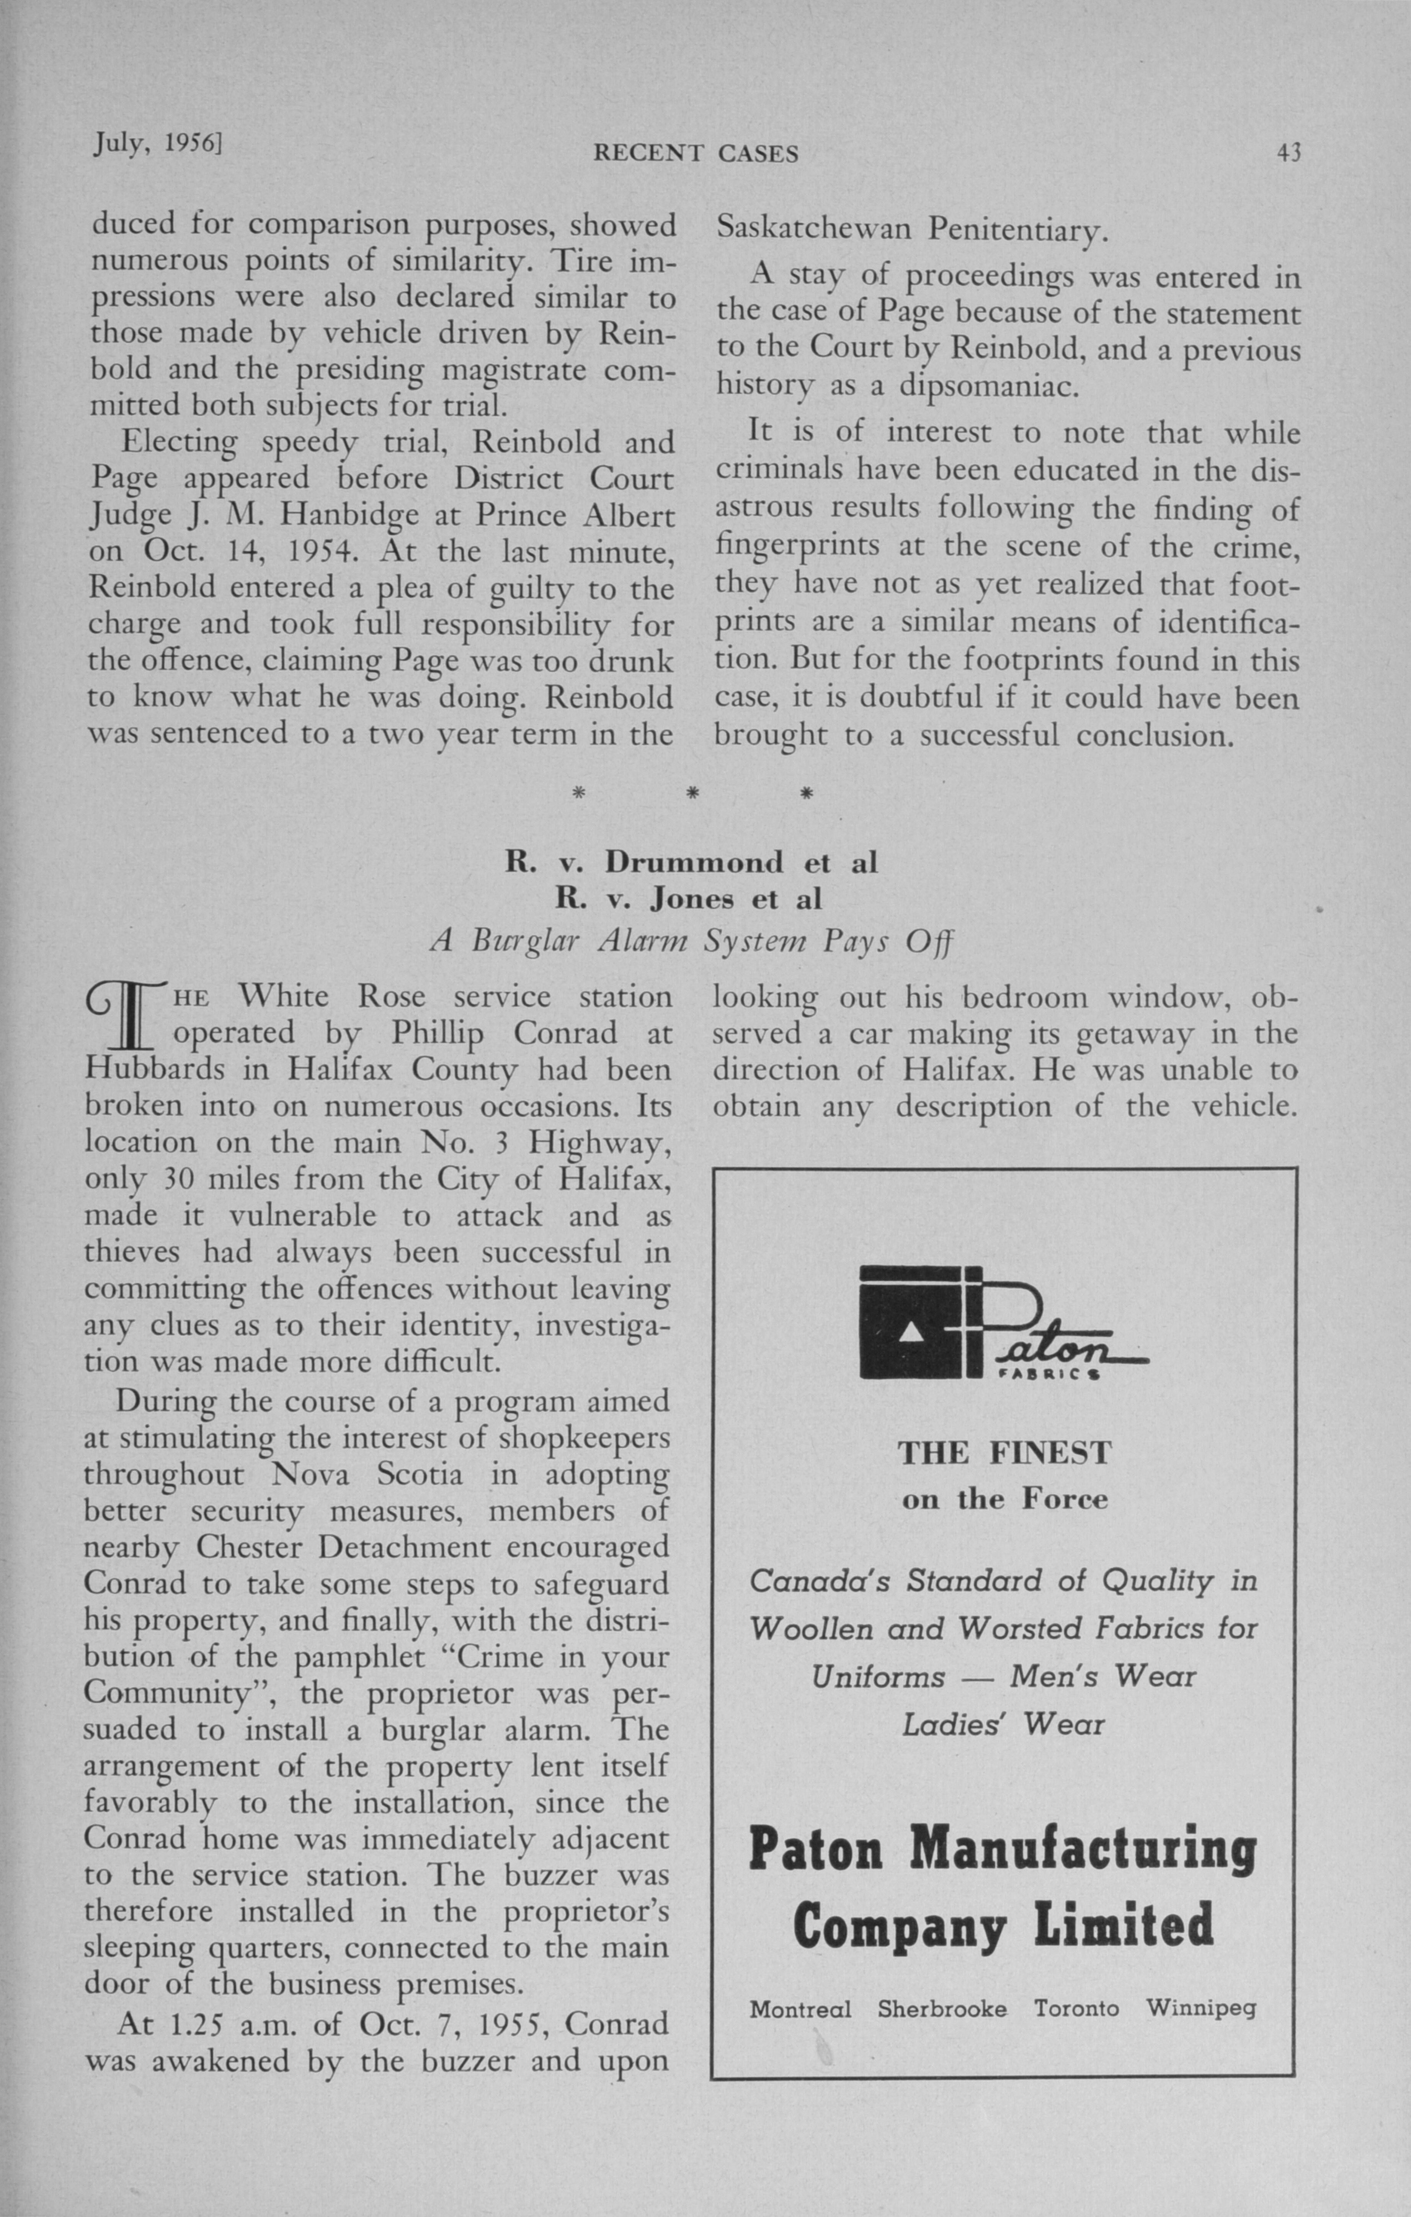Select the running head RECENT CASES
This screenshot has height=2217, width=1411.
click(x=696, y=154)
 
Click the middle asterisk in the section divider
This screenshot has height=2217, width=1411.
click(x=690, y=792)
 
